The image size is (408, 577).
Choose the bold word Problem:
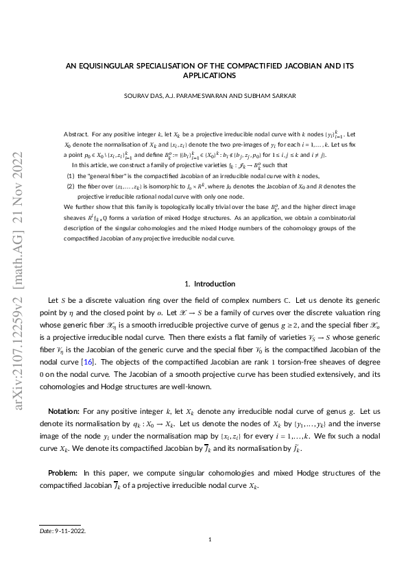(64, 473)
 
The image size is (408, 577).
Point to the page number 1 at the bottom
(210, 541)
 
